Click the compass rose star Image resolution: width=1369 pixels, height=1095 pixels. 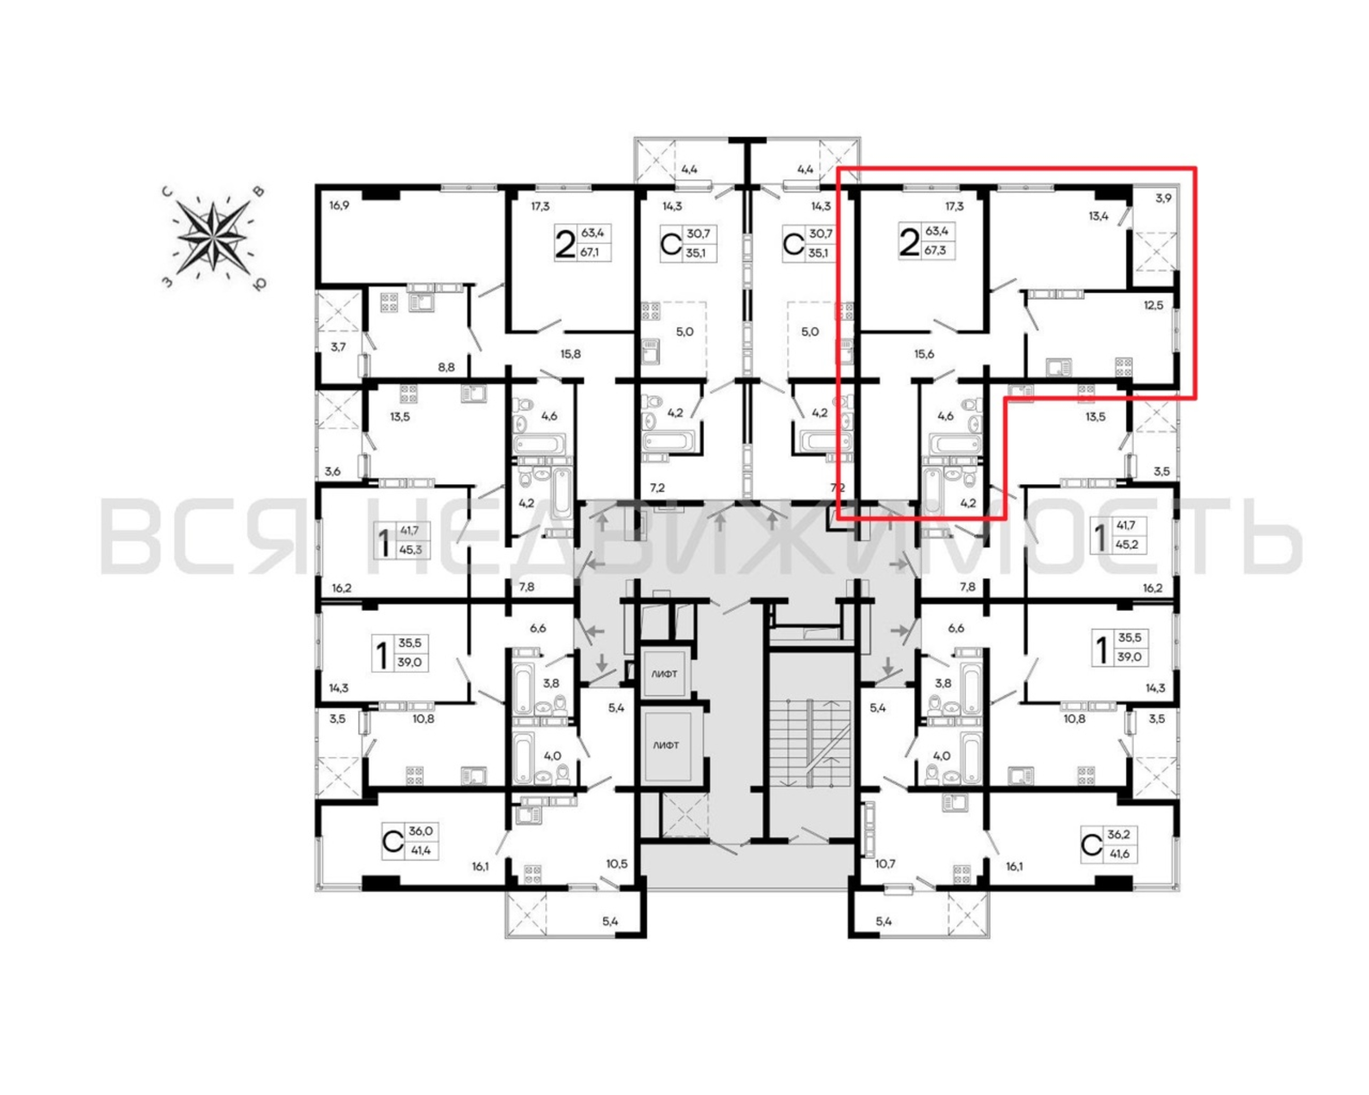212,237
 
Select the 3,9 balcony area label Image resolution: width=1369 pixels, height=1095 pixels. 1163,198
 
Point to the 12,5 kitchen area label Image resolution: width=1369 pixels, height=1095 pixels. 1154,306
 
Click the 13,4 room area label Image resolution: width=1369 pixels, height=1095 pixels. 1098,216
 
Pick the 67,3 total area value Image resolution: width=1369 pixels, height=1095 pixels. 935,250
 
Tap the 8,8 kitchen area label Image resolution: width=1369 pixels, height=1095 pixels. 446,367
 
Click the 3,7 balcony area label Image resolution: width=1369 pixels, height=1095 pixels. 338,347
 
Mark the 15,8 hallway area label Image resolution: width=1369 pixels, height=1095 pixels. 570,354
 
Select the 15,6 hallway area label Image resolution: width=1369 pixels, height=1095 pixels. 924,354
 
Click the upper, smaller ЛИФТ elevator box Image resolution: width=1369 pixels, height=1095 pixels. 664,673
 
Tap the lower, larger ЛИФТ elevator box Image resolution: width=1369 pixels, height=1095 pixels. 666,745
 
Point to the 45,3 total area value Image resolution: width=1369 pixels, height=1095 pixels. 410,550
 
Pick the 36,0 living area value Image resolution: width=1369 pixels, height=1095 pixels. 421,831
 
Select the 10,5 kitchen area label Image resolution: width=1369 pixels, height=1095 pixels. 617,864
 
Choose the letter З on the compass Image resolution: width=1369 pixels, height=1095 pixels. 168,282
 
